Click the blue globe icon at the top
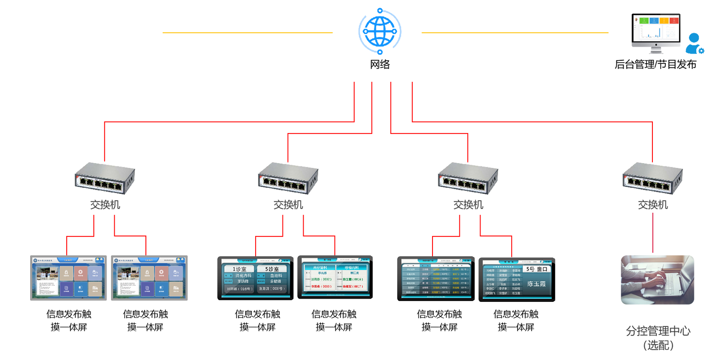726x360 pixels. pos(379,31)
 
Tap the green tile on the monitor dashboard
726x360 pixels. pos(644,21)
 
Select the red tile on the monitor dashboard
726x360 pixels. pos(674,21)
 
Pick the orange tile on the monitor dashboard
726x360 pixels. pos(664,21)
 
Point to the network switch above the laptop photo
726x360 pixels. pos(652,177)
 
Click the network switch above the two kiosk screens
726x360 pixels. pos(105,177)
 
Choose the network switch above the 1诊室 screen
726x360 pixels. pos(288,177)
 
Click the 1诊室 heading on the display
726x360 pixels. pos(239,269)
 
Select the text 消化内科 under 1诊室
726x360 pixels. pos(243,275)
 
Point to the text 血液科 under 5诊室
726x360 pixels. pos(276,275)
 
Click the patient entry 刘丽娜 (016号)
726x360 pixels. pos(239,289)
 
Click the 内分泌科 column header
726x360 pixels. pos(320,267)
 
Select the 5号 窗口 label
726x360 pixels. pos(536,269)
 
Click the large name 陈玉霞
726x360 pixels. pos(536,284)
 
